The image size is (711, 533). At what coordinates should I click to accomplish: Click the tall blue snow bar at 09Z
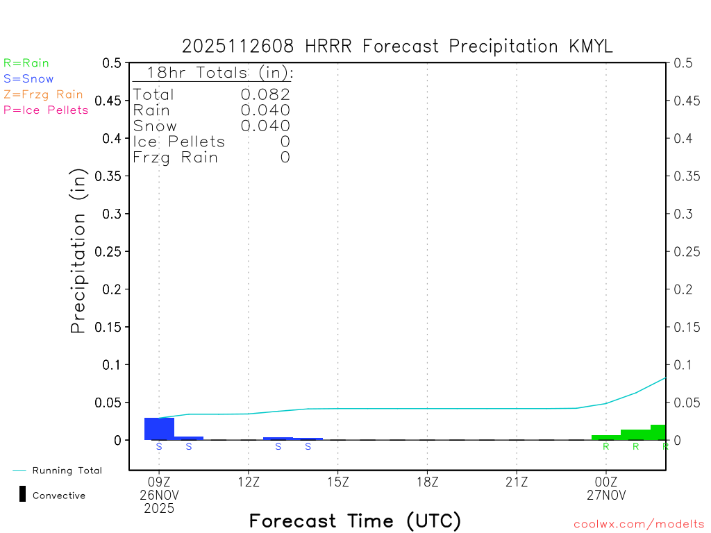click(x=159, y=429)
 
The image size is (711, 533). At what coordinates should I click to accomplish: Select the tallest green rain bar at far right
click(x=658, y=432)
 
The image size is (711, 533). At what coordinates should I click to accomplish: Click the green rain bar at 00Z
click(x=606, y=437)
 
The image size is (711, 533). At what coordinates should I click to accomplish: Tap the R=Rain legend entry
click(x=26, y=63)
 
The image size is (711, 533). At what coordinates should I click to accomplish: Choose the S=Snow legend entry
click(x=28, y=79)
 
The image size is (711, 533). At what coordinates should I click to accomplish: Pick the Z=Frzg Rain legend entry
click(x=43, y=94)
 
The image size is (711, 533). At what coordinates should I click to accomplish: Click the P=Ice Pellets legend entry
click(x=46, y=110)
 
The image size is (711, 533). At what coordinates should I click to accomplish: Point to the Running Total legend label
click(x=67, y=471)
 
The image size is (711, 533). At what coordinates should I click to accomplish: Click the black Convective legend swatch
click(x=22, y=495)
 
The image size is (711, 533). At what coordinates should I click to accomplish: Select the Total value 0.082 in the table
click(x=265, y=94)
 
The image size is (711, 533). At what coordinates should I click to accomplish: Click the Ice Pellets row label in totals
click(x=179, y=142)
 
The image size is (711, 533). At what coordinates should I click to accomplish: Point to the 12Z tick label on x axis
click(x=249, y=481)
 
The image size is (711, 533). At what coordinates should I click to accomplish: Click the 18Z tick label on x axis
click(x=427, y=481)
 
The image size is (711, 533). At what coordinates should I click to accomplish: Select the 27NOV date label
click(x=606, y=495)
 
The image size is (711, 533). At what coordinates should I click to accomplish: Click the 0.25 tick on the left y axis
click(x=111, y=251)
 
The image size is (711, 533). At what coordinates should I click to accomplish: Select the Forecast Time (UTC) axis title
click(x=355, y=521)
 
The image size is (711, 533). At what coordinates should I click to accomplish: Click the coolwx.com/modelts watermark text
click(x=639, y=525)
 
